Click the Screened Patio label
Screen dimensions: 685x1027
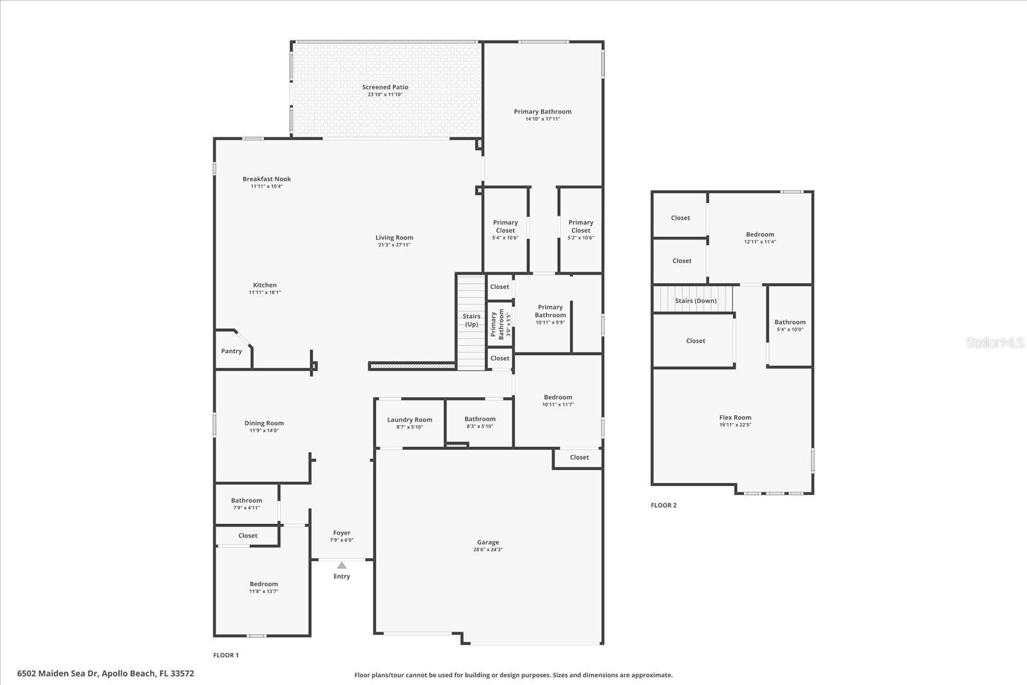385,87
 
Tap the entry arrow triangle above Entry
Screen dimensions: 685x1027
342,566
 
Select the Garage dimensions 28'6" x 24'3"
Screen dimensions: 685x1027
488,550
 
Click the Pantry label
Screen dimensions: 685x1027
232,351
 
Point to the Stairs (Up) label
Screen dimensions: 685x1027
472,320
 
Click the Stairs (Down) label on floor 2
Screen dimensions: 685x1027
696,300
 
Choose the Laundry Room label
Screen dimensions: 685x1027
410,420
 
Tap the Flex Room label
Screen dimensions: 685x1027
735,417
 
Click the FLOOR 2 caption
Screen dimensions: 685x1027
664,505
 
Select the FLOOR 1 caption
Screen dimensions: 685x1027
226,655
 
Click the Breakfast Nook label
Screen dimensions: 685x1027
266,179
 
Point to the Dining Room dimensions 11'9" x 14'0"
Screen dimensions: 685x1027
264,431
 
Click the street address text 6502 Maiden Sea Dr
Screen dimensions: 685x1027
105,673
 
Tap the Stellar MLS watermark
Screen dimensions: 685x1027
995,343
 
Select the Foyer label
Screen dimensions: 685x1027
341,533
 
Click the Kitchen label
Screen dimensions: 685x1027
264,285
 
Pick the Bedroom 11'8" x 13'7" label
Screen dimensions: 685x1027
264,584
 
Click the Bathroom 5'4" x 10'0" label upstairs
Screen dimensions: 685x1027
790,322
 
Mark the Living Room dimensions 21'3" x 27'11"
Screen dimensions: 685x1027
394,245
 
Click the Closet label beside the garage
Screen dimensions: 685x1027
579,458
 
